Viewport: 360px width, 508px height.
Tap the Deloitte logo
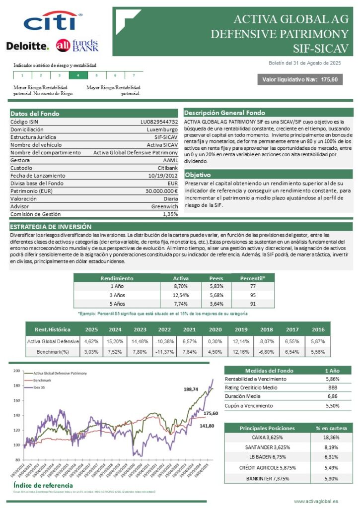[28, 46]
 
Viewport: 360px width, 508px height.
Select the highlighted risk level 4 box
[78, 75]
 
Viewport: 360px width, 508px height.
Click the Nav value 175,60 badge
[300, 79]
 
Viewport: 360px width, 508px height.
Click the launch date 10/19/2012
[163, 176]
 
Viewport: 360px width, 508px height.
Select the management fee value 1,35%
[170, 214]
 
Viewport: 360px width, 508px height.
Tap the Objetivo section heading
[197, 175]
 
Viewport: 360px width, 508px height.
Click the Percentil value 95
[253, 295]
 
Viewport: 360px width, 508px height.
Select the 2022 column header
[164, 329]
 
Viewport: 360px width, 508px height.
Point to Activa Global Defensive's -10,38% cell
[164, 342]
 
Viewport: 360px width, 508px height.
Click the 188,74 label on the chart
[191, 389]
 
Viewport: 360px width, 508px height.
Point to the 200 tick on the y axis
[16, 371]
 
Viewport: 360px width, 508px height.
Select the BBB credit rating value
[332, 387]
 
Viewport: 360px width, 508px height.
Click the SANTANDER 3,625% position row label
[267, 447]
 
